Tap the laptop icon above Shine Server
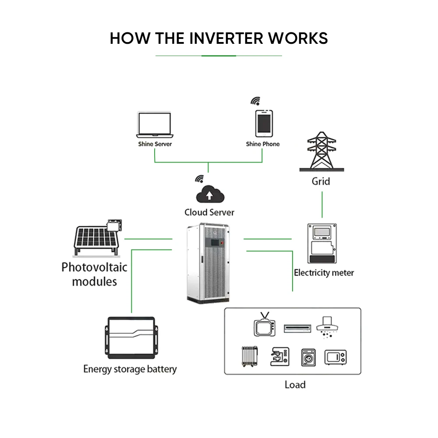[x=155, y=124]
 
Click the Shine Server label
[x=155, y=144]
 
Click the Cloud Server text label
[x=209, y=212]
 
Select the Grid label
[x=321, y=181]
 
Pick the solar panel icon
[x=97, y=239]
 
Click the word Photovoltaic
[x=94, y=267]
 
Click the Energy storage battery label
[x=130, y=369]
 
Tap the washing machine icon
[x=308, y=357]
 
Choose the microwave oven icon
[x=336, y=357]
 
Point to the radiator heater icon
[x=249, y=357]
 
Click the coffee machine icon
[x=279, y=357]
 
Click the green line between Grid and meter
[x=322, y=204]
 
